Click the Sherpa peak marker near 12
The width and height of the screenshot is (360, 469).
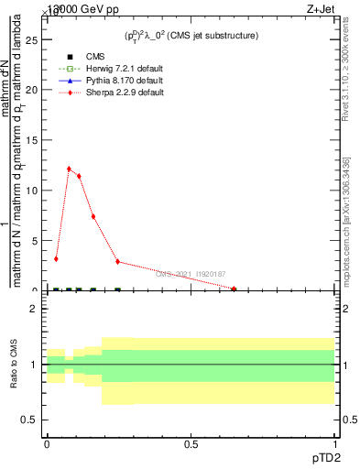click(69, 169)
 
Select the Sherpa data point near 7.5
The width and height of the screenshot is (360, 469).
click(93, 216)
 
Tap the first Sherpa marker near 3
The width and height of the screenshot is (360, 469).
click(56, 259)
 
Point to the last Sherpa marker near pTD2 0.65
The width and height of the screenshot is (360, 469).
click(235, 289)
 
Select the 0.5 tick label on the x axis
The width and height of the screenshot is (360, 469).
click(191, 443)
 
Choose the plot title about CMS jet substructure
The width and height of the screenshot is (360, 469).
click(191, 35)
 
